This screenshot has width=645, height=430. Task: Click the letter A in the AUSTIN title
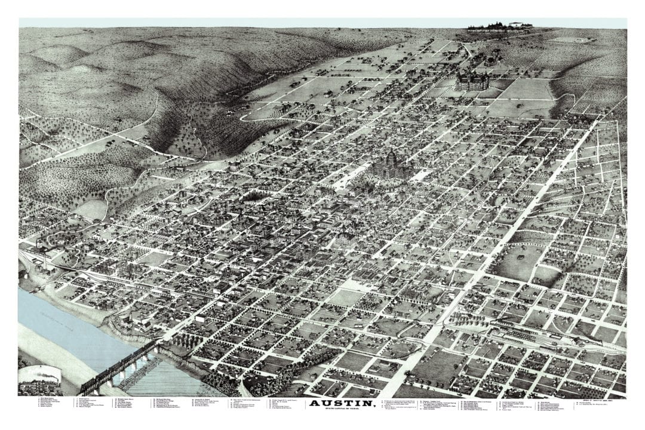314,404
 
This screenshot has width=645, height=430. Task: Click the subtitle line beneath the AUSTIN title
342,410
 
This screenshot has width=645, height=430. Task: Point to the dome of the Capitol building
391,156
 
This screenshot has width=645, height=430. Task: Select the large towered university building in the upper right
472,81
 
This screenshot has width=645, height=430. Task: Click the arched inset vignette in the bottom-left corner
39,381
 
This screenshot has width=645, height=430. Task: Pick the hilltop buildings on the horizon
500,26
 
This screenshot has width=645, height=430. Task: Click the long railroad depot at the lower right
537,337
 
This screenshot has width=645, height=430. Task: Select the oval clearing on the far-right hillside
567,40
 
